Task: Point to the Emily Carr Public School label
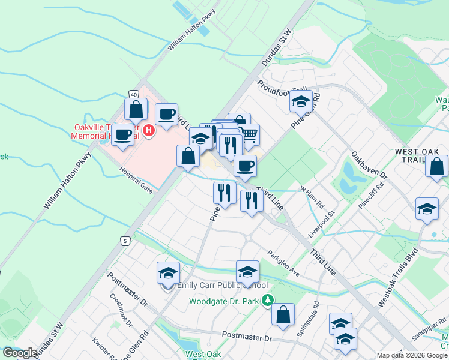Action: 222,285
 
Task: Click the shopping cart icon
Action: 249,134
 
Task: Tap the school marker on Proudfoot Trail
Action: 300,102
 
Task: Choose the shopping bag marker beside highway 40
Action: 136,110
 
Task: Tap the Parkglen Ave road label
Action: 283,263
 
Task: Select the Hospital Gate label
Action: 135,180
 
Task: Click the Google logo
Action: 19,353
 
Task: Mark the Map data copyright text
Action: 412,355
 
